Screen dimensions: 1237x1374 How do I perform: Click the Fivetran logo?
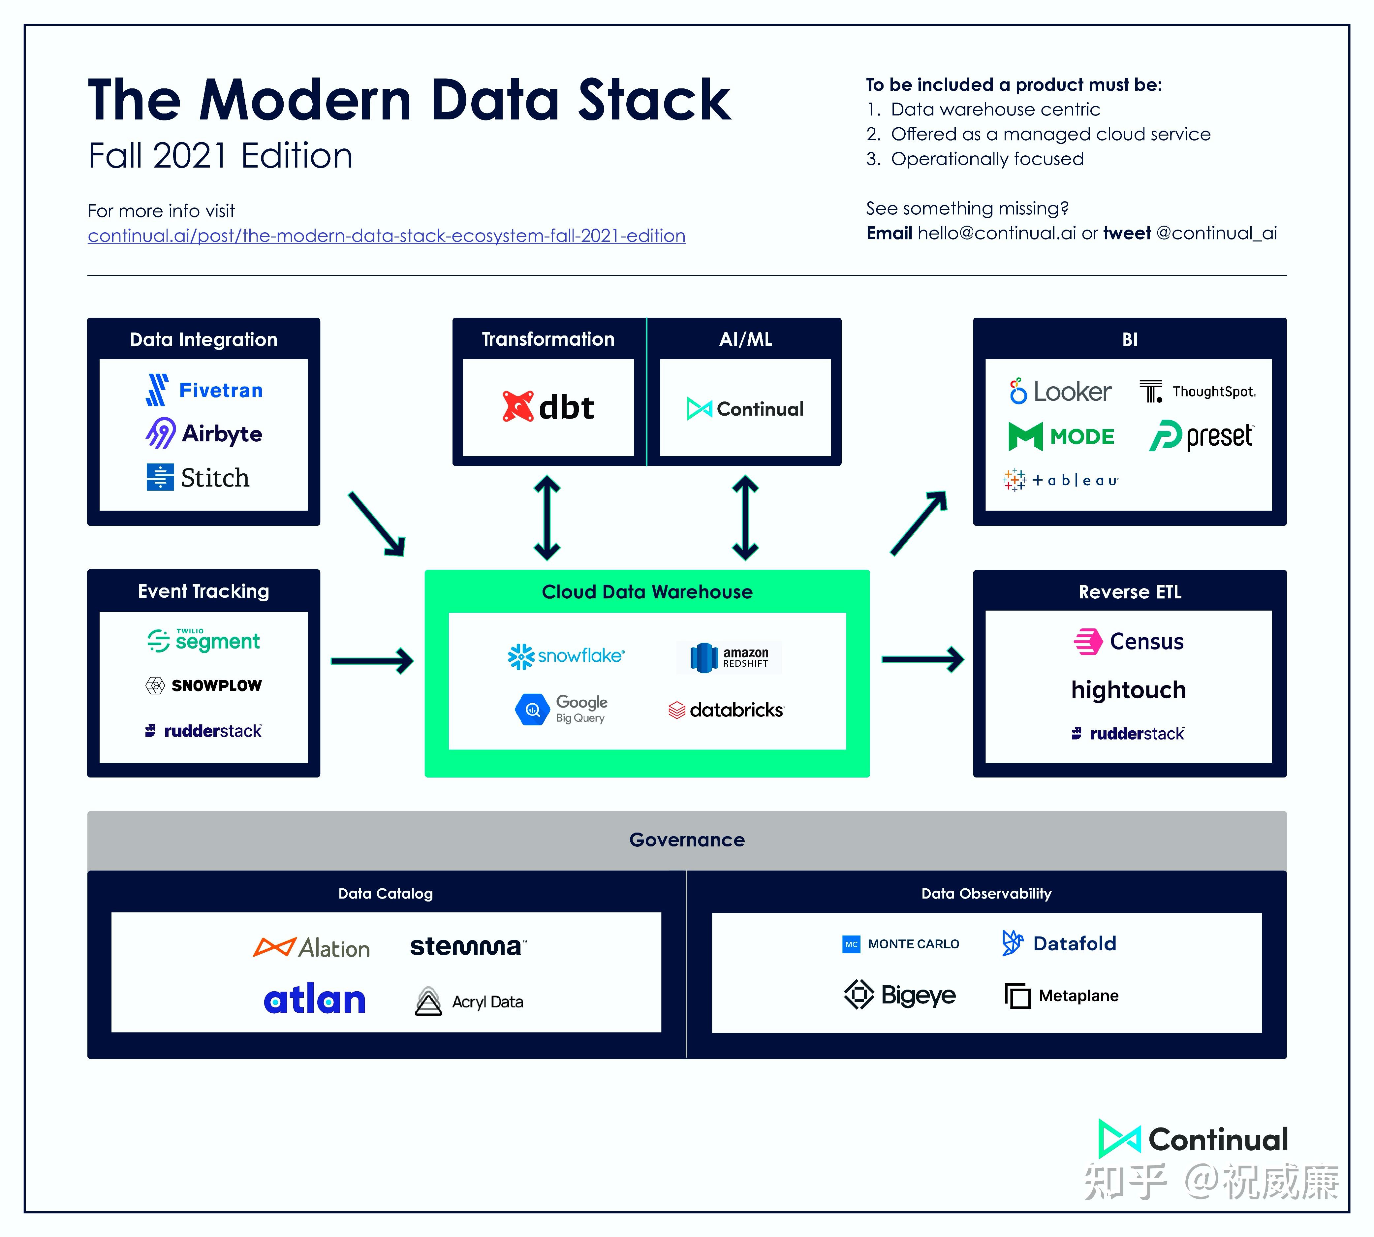click(x=204, y=390)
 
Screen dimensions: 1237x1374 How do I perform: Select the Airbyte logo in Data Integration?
click(x=204, y=434)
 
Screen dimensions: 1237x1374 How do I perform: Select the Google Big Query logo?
click(x=561, y=709)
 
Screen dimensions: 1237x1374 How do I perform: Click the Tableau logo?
click(x=1060, y=480)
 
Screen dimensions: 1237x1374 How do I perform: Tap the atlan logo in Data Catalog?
click(x=315, y=1000)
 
